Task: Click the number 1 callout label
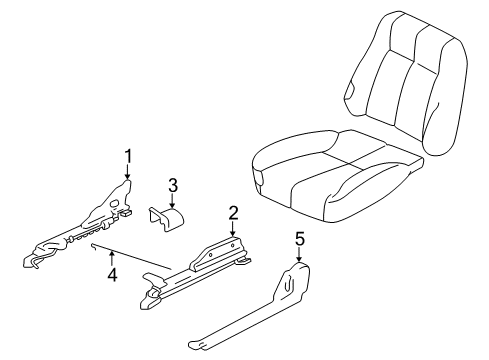click(128, 155)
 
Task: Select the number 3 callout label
click(172, 185)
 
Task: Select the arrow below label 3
click(172, 201)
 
